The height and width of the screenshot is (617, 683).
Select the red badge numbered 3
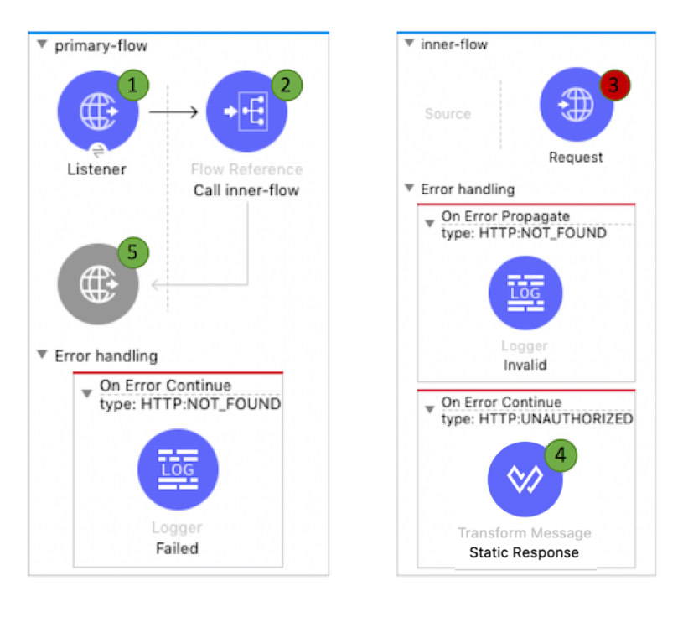coord(614,85)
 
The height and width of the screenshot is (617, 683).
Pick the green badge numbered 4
coord(561,454)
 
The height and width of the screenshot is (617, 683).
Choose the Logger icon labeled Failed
coord(177,469)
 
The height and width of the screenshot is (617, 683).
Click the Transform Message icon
coord(525,479)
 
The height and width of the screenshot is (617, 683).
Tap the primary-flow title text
coord(101,46)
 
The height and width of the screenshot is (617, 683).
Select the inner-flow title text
coord(453,44)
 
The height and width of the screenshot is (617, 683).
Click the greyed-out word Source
coord(448,114)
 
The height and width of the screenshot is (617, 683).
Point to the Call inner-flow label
coord(246,190)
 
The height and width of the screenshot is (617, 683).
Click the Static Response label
coord(524,552)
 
